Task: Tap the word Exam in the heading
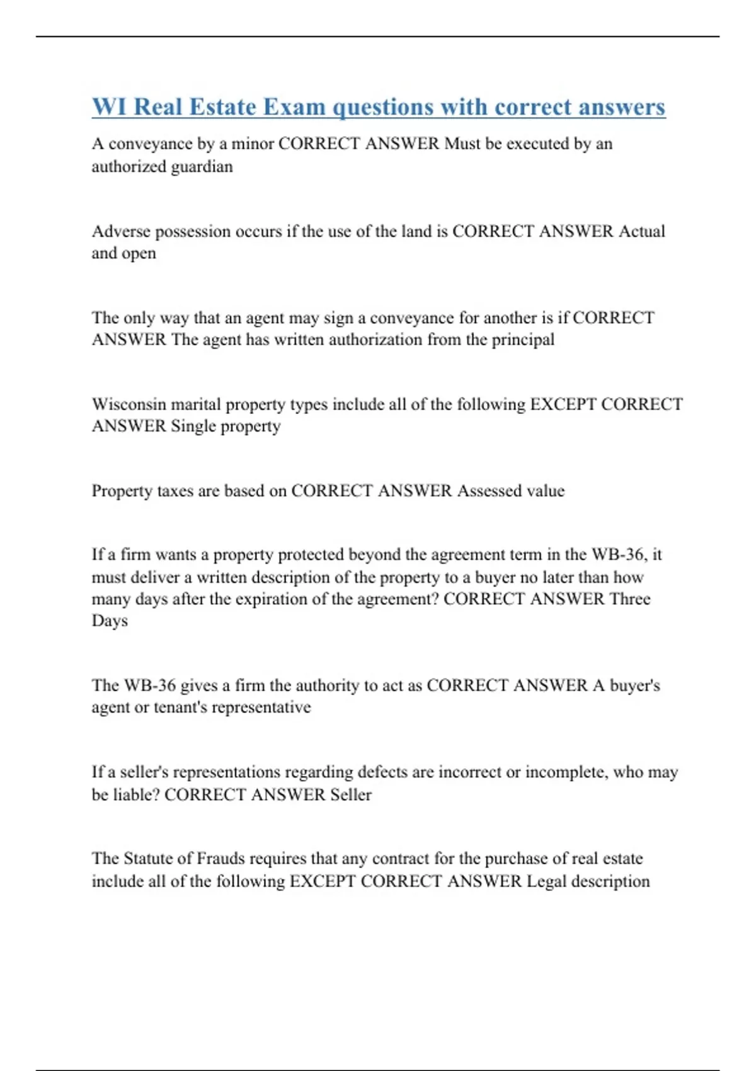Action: [x=294, y=107]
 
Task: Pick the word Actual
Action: [x=641, y=231]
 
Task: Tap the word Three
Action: [x=629, y=599]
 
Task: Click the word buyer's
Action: [x=634, y=685]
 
